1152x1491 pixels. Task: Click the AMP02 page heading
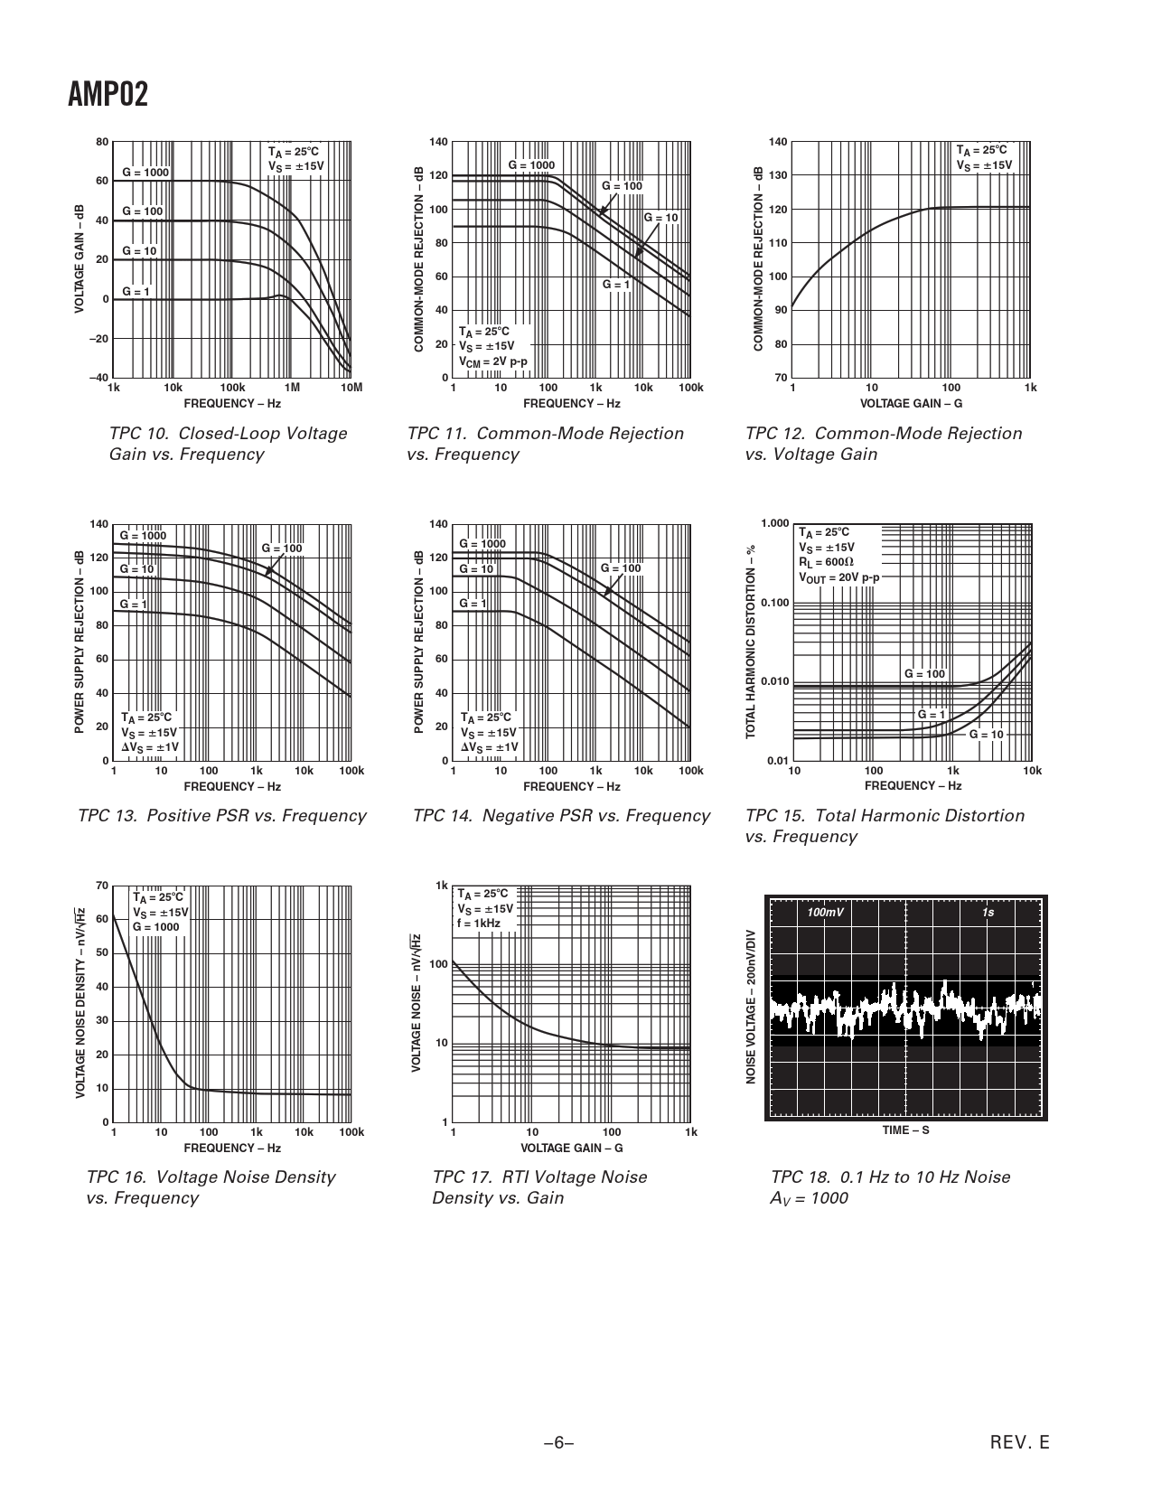point(108,95)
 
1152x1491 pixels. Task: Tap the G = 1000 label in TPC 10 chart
point(145,173)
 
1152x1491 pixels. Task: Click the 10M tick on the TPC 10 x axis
point(351,388)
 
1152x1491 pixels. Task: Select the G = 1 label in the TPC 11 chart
point(616,285)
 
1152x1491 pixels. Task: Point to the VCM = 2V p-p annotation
point(492,361)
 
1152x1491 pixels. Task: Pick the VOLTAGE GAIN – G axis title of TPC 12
point(911,404)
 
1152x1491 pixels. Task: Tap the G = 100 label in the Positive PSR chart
point(282,549)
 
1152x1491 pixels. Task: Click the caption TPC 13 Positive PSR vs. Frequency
point(222,816)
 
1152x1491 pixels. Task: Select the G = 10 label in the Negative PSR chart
point(476,569)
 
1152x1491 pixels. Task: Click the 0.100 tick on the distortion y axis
point(774,603)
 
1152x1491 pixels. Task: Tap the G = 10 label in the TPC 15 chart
point(987,735)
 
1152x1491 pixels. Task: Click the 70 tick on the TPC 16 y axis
point(102,886)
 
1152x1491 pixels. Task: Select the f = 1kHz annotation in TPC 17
point(479,924)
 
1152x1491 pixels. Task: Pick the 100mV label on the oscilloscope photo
point(826,913)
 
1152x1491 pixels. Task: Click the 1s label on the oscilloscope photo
point(988,913)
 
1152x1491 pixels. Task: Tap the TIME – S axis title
point(905,1130)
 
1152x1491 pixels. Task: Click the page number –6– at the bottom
point(559,1443)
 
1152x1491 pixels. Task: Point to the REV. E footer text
point(1020,1443)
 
